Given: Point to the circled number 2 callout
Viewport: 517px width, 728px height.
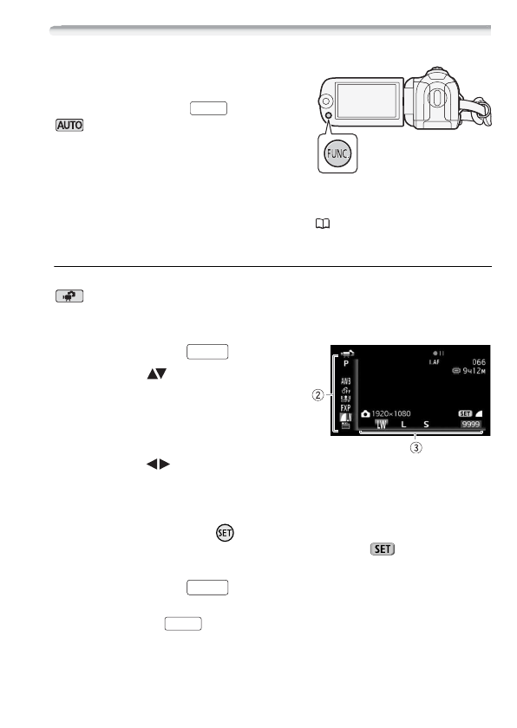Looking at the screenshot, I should click(317, 396).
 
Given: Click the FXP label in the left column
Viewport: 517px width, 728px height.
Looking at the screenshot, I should click(345, 406).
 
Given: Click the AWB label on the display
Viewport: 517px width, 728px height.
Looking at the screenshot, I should click(345, 381).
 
